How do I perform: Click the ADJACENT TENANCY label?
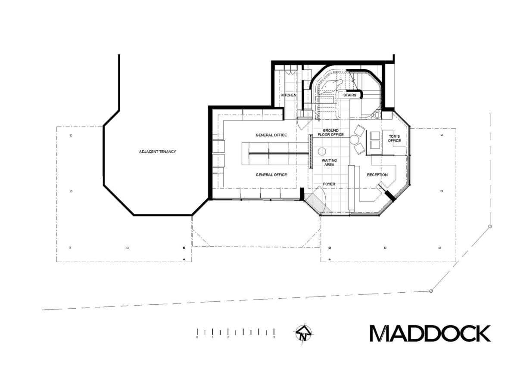(157, 152)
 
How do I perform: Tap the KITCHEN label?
(289, 95)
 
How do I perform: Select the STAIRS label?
(350, 95)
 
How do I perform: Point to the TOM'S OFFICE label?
(394, 139)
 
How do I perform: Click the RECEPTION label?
(377, 175)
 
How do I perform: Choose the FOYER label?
(329, 184)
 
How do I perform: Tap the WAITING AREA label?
(329, 163)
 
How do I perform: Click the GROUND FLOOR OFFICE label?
(330, 133)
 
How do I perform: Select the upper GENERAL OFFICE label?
(271, 135)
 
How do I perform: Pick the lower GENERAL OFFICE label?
(271, 175)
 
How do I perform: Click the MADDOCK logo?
(430, 334)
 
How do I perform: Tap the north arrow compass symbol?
(303, 334)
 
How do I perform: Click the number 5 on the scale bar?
(274, 337)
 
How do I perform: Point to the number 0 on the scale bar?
(197, 337)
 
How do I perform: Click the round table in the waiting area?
(322, 152)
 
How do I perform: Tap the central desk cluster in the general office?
(275, 154)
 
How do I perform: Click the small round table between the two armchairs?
(354, 139)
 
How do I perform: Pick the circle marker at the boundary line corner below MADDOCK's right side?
(431, 291)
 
